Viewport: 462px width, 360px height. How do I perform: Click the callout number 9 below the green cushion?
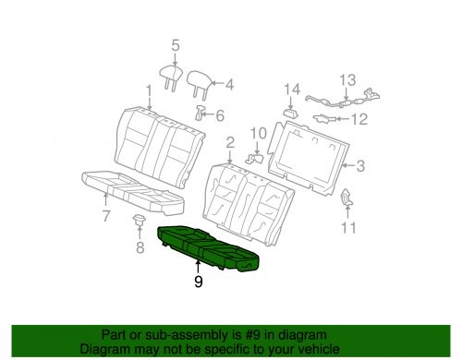[199, 282]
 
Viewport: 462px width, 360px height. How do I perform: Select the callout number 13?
[347, 80]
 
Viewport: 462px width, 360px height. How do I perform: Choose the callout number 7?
[106, 216]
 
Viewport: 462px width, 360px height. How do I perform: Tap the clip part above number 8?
[140, 220]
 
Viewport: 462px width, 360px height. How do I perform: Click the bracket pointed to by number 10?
[254, 159]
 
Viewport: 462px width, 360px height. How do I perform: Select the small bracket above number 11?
[346, 197]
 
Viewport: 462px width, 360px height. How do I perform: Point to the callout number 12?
[359, 119]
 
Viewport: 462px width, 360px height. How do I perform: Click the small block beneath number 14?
[291, 113]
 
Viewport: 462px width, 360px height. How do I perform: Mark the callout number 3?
[360, 166]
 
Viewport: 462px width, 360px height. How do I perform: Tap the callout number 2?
[230, 143]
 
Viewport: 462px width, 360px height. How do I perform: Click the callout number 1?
[149, 90]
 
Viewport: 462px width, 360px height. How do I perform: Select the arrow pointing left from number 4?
[217, 83]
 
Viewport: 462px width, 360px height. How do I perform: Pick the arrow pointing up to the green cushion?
[198, 267]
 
